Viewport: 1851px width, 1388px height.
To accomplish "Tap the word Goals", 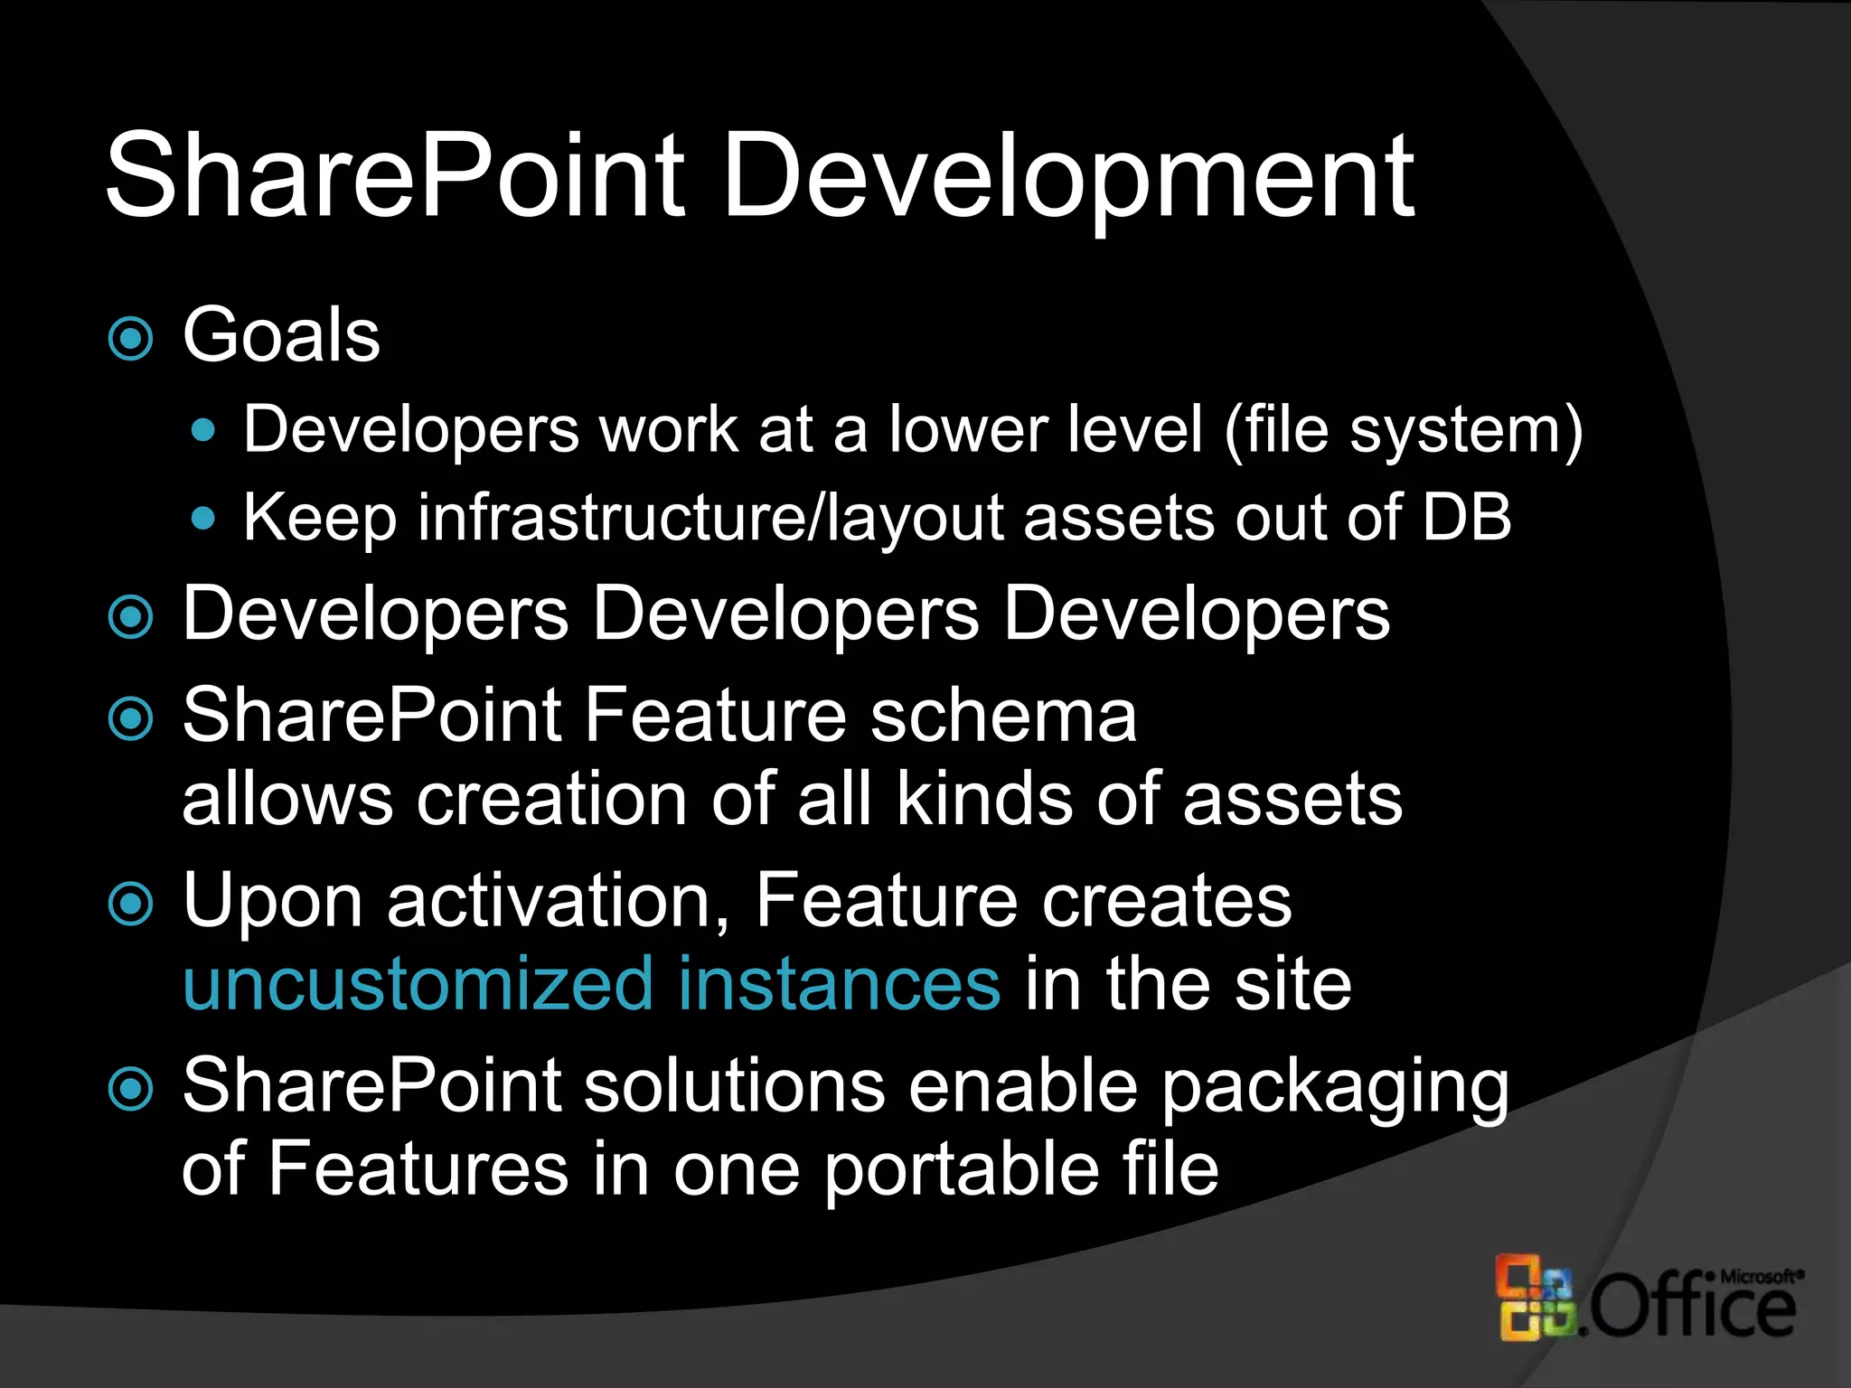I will (281, 335).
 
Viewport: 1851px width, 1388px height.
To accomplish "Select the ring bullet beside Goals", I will (131, 339).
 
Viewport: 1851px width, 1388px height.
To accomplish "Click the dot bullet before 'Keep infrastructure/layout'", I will (204, 519).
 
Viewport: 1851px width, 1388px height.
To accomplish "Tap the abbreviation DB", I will (1466, 518).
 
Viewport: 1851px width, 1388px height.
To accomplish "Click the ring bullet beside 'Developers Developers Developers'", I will (131, 617).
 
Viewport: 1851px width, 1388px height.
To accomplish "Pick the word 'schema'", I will (1002, 716).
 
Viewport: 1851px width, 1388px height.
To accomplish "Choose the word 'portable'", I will (962, 1169).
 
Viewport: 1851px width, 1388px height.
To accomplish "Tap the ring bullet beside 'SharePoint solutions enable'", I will (131, 1089).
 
